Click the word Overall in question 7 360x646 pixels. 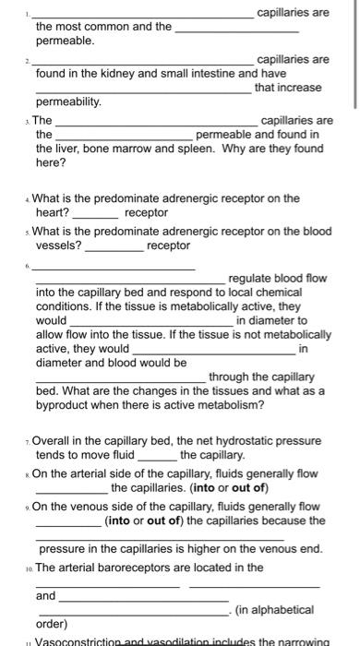(59, 441)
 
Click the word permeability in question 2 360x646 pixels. (68, 101)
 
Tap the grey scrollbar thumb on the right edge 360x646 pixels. (355, 55)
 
